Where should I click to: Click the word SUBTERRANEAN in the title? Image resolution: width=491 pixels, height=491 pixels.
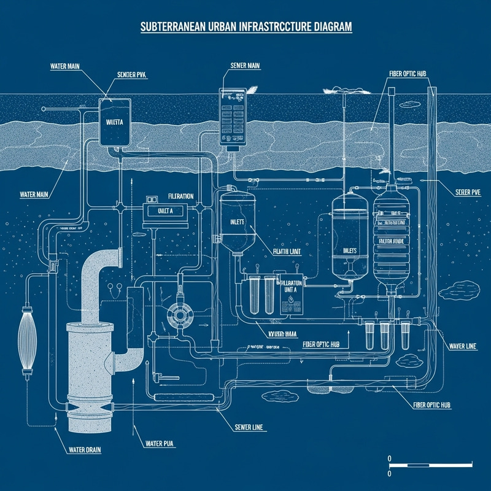coord(168,28)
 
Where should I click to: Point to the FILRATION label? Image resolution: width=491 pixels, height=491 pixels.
coord(180,196)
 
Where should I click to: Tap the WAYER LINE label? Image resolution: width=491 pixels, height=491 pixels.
coord(462,347)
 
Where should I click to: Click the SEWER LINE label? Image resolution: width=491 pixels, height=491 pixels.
coord(249,427)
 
